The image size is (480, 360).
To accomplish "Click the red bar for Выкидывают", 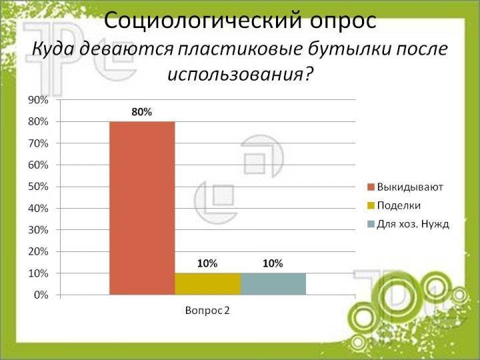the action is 143,208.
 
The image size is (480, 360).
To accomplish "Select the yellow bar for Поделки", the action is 208,284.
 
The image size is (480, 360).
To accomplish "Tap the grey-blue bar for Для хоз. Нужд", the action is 273,284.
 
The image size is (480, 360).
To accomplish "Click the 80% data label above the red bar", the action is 142,112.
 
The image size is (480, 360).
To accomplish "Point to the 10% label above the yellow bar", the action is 207,263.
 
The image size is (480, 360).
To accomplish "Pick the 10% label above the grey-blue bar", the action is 273,263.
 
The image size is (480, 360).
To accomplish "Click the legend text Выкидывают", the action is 410,187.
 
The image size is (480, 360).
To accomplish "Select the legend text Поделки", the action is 399,205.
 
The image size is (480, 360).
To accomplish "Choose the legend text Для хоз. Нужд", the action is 413,224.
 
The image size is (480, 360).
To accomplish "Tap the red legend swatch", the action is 371,187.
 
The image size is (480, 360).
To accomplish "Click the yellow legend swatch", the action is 371,205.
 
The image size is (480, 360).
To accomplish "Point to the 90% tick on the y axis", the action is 38,100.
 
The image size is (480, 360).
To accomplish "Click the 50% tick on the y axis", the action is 38,187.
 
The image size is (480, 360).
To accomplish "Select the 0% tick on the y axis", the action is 41,295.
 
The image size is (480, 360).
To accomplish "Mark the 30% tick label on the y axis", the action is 38,230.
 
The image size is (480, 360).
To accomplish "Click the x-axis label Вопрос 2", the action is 207,311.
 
